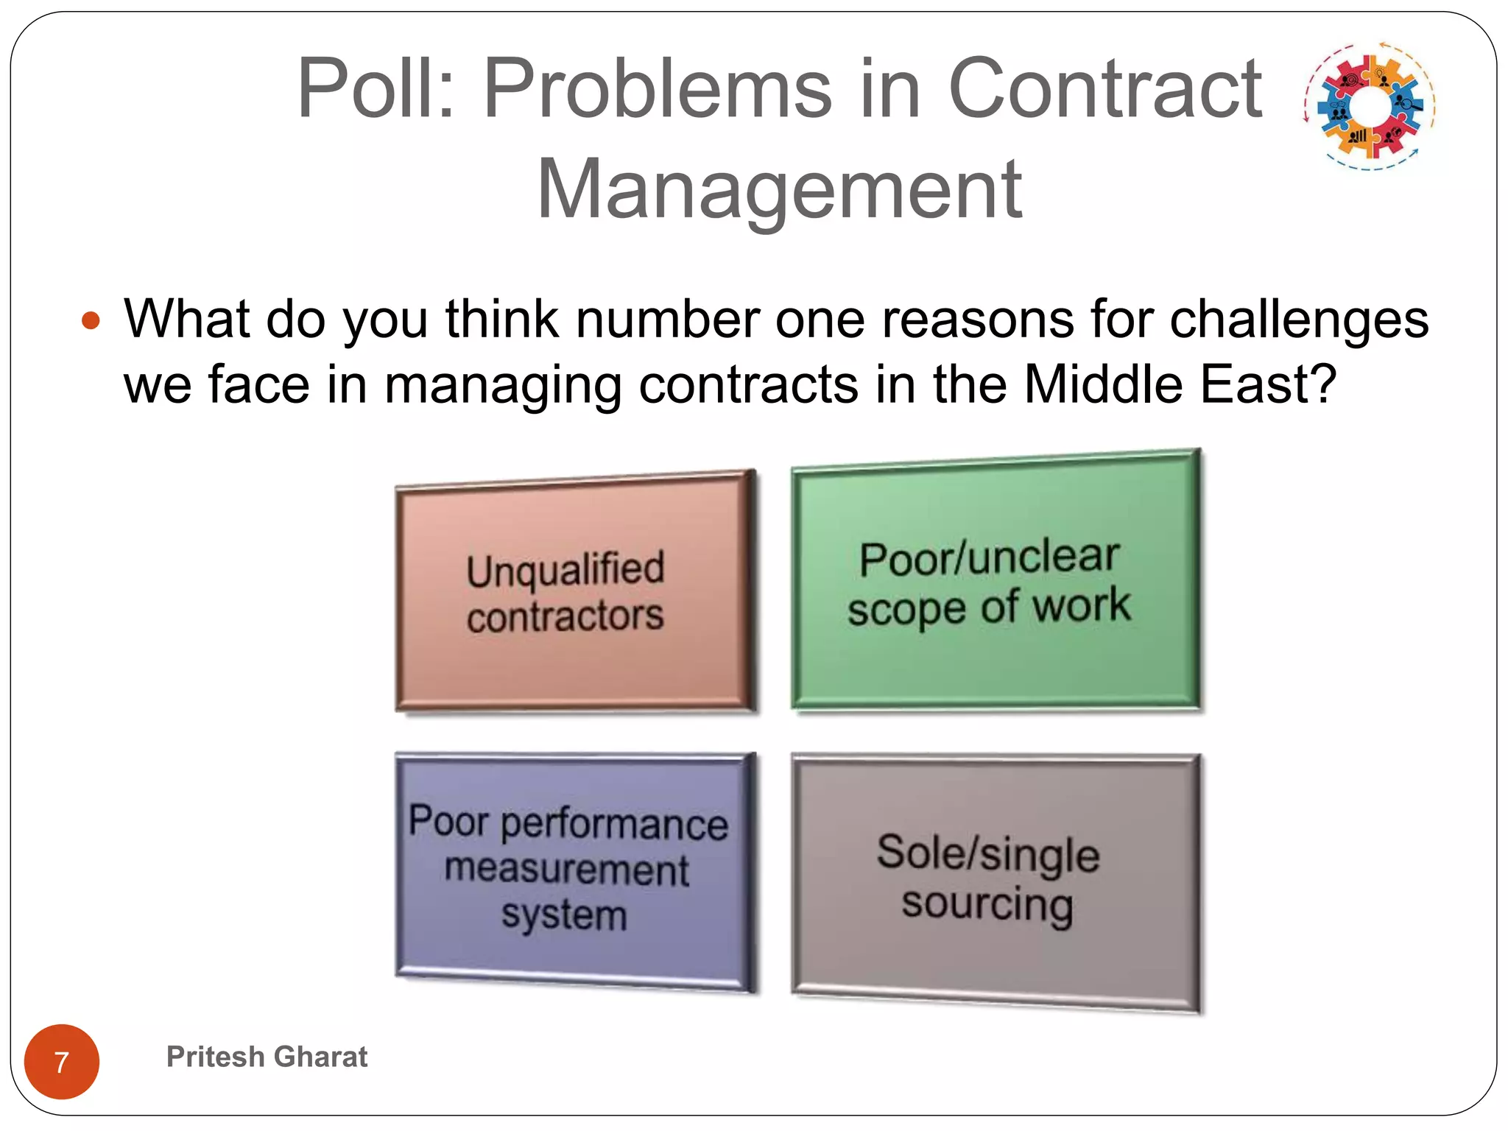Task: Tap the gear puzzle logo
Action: (1370, 106)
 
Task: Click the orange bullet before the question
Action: (91, 321)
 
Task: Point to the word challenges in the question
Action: (1299, 320)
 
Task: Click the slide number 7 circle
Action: (62, 1061)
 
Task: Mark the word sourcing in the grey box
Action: (987, 904)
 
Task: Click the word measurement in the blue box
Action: (567, 869)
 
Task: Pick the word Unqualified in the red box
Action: (565, 569)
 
